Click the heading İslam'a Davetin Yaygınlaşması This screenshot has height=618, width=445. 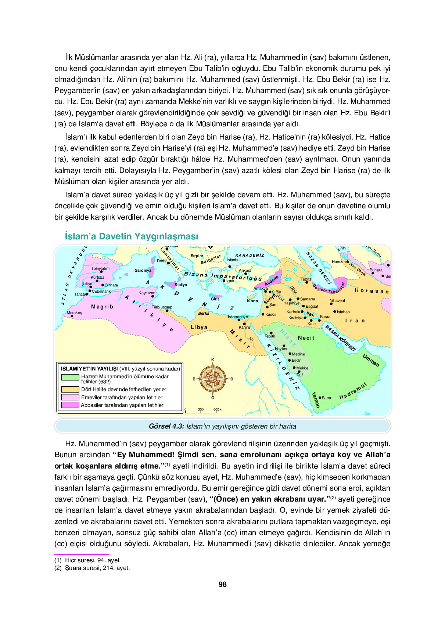point(131,236)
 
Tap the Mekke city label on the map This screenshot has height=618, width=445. point(302,368)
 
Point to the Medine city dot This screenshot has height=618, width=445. point(290,354)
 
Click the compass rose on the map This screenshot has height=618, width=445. point(213,379)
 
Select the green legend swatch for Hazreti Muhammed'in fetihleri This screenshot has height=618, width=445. point(70,377)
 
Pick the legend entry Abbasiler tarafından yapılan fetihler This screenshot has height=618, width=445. point(122,405)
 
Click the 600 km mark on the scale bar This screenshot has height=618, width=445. point(219,409)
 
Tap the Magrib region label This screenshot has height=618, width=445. point(102,307)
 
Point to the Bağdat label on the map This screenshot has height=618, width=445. point(312,306)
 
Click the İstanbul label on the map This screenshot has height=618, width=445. point(233,260)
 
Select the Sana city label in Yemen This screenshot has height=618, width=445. point(326,398)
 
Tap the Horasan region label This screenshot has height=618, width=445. point(371,291)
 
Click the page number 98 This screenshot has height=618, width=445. point(222,584)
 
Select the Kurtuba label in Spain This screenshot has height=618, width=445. point(97,277)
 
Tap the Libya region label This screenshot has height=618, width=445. point(199,327)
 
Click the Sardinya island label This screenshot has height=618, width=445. point(143,270)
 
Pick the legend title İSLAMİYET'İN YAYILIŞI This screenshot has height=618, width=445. point(89,369)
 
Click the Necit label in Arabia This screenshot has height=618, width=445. point(306,338)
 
